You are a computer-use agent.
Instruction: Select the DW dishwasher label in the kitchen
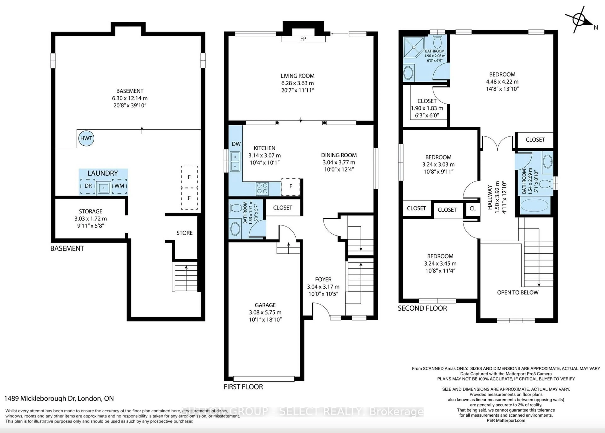(x=236, y=144)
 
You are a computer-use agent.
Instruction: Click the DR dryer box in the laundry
(x=88, y=186)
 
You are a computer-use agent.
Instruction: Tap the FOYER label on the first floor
(x=323, y=279)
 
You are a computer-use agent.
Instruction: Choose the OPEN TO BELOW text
(x=518, y=293)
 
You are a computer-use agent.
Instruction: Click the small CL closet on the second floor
(x=473, y=208)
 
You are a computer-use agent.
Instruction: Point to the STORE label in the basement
(x=184, y=233)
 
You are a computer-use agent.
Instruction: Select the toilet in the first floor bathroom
(x=235, y=208)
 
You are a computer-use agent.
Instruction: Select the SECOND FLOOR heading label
(x=422, y=308)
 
